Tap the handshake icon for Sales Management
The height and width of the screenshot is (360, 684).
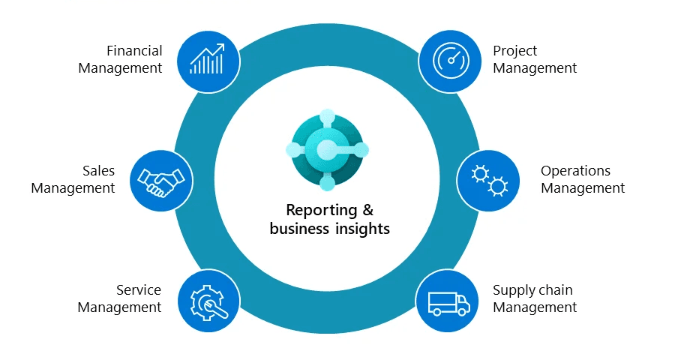pyautogui.click(x=161, y=181)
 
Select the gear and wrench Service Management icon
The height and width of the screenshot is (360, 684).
pyautogui.click(x=208, y=301)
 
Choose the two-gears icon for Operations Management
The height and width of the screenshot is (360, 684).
pyautogui.click(x=488, y=180)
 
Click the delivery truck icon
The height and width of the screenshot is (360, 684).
pyautogui.click(x=448, y=301)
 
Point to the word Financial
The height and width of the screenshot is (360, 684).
pyautogui.click(x=134, y=51)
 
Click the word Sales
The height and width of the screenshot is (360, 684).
pyautogui.click(x=98, y=171)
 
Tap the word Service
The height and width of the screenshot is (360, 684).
pyautogui.click(x=139, y=290)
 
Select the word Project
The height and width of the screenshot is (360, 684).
pyautogui.click(x=515, y=51)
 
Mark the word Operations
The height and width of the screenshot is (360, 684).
pyautogui.click(x=576, y=171)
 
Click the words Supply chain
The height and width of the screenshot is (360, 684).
pyautogui.click(x=532, y=290)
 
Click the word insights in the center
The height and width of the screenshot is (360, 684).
pyautogui.click(x=362, y=229)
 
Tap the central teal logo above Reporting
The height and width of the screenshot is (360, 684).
pyautogui.click(x=328, y=151)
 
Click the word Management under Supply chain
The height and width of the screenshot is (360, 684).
pyautogui.click(x=535, y=307)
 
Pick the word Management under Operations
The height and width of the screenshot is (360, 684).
pyautogui.click(x=583, y=188)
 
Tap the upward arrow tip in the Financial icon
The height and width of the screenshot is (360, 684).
pyautogui.click(x=221, y=46)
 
